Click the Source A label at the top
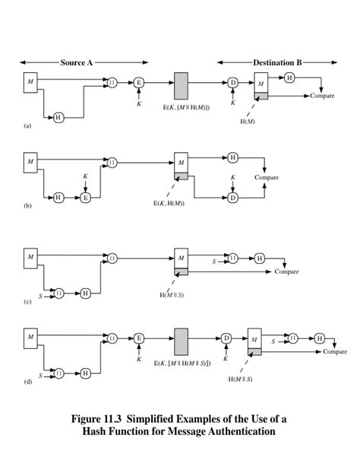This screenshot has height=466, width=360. click(77, 62)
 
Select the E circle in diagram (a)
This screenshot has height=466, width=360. click(139, 82)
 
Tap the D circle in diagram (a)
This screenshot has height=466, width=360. click(233, 82)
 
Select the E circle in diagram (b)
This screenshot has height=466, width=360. click(85, 197)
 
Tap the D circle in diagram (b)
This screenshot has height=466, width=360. click(233, 197)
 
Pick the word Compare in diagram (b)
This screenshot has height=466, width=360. click(267, 177)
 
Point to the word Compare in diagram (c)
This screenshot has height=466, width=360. click(286, 271)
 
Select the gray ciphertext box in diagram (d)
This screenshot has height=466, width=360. click(182, 341)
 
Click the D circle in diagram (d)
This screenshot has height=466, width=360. click(226, 338)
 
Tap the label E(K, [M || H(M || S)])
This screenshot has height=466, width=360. click(182, 363)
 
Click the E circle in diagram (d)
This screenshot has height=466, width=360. click(139, 338)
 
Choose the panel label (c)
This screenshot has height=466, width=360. click(27, 302)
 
